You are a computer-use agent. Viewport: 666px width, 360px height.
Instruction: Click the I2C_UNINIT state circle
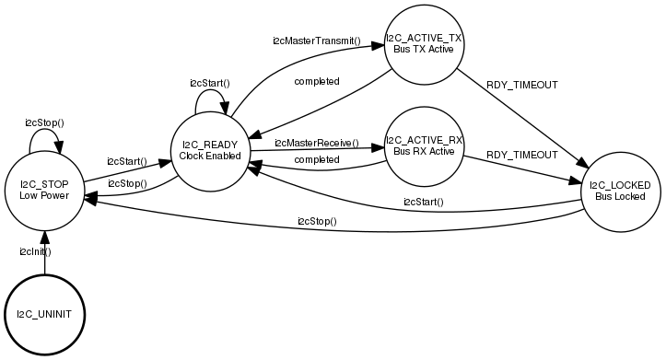pos(44,314)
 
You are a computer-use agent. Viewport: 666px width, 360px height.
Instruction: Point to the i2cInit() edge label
pos(35,250)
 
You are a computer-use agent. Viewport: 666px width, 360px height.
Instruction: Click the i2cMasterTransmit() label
pos(316,41)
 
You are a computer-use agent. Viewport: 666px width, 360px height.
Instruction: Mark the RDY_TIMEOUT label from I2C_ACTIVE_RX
pos(522,154)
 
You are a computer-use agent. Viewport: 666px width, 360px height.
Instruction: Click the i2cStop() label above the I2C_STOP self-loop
pos(44,122)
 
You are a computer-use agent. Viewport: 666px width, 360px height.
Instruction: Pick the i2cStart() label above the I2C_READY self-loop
pos(210,83)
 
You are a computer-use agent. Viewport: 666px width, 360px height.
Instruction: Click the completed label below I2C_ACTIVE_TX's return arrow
pos(317,81)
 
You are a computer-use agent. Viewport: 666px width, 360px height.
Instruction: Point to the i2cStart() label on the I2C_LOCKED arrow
pos(423,202)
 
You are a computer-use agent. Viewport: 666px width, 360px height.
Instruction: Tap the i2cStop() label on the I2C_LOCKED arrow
pos(317,221)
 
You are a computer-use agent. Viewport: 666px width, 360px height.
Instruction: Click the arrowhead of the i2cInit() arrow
pos(44,236)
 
